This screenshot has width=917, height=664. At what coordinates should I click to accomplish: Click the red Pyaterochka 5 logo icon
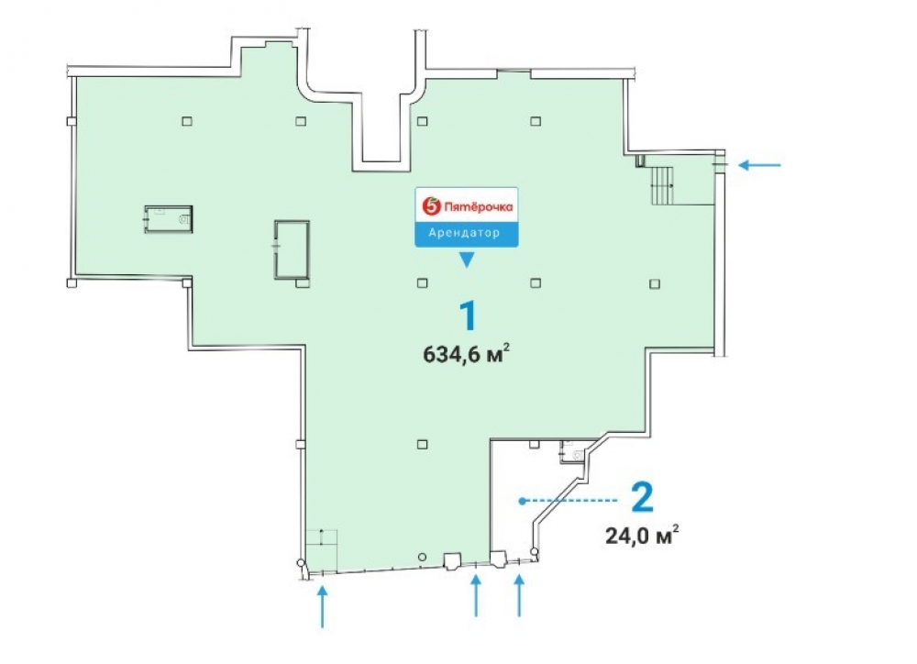pos(431,206)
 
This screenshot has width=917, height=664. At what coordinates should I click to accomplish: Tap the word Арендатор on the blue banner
pos(464,233)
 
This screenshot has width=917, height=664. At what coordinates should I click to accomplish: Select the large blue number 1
pos(467,316)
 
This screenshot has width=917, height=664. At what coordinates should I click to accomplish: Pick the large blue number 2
pos(642,498)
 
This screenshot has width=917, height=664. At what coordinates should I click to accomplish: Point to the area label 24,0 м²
pos(642,535)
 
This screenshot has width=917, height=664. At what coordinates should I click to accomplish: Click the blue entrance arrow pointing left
pos(759,165)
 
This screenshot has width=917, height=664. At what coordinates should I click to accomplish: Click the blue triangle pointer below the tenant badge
pos(466,260)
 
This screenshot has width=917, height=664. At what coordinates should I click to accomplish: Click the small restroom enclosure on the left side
pos(169,219)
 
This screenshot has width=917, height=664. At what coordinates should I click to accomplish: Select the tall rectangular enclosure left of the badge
pos(292,249)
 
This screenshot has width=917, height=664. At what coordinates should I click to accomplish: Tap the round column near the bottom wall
pos(422,557)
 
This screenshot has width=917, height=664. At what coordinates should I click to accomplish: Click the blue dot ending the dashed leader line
pos(522,501)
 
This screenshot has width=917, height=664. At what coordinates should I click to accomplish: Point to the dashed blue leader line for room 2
pos(569,501)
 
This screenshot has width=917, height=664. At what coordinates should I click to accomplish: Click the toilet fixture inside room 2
pos(578,455)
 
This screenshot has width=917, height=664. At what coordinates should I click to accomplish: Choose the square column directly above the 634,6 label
pos(422,283)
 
